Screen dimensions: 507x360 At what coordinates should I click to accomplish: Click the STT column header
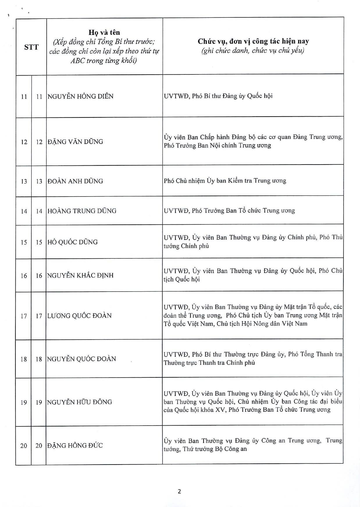click(31, 47)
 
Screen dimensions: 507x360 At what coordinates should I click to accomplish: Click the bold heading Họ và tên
click(104, 32)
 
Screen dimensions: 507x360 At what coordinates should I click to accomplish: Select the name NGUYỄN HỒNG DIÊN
click(80, 96)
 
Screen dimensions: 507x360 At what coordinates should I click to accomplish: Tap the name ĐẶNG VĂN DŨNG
click(75, 142)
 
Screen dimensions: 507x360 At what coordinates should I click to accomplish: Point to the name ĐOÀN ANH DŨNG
click(75, 181)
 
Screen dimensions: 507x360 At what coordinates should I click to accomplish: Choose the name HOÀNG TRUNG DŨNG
click(82, 211)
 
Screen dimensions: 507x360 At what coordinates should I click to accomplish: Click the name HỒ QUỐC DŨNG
click(72, 242)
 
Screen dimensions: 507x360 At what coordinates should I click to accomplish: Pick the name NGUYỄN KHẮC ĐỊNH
click(80, 275)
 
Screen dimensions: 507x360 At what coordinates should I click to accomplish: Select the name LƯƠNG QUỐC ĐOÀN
click(79, 315)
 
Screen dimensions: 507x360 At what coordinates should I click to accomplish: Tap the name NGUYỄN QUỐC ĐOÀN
click(81, 359)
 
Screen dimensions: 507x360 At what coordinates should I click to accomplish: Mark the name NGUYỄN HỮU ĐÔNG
click(79, 402)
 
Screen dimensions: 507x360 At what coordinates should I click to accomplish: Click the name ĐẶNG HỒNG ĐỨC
click(75, 445)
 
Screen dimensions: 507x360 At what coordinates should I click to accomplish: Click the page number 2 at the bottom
click(179, 492)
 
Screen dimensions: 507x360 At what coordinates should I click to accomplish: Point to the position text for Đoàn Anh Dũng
click(225, 181)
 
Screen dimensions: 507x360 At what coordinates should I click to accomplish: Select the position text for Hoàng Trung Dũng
click(229, 210)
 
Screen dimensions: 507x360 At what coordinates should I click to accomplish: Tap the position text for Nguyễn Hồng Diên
click(218, 96)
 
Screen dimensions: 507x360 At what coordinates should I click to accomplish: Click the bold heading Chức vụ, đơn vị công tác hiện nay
click(253, 41)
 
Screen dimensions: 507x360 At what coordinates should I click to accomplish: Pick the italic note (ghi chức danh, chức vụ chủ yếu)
click(253, 51)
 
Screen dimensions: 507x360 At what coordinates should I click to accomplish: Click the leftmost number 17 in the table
click(24, 316)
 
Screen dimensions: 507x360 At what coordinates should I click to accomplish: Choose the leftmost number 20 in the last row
click(24, 446)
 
